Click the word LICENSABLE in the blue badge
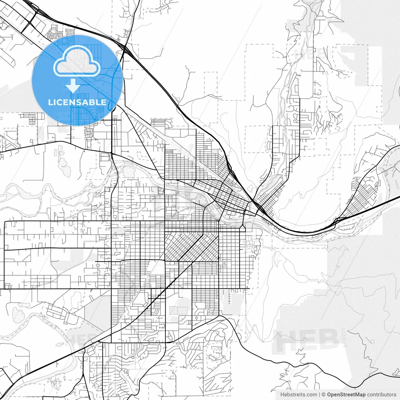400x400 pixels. tap(77, 102)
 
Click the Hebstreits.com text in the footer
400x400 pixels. tap(298, 395)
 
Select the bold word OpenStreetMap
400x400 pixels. tap(346, 395)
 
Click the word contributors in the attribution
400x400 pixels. tap(382, 395)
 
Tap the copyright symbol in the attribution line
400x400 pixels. tap(324, 395)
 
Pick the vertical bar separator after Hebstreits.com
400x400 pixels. tap(319, 395)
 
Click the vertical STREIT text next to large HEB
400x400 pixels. tap(344, 337)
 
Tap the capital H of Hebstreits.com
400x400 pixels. tap(282, 395)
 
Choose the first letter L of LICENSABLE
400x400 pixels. tap(50, 102)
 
